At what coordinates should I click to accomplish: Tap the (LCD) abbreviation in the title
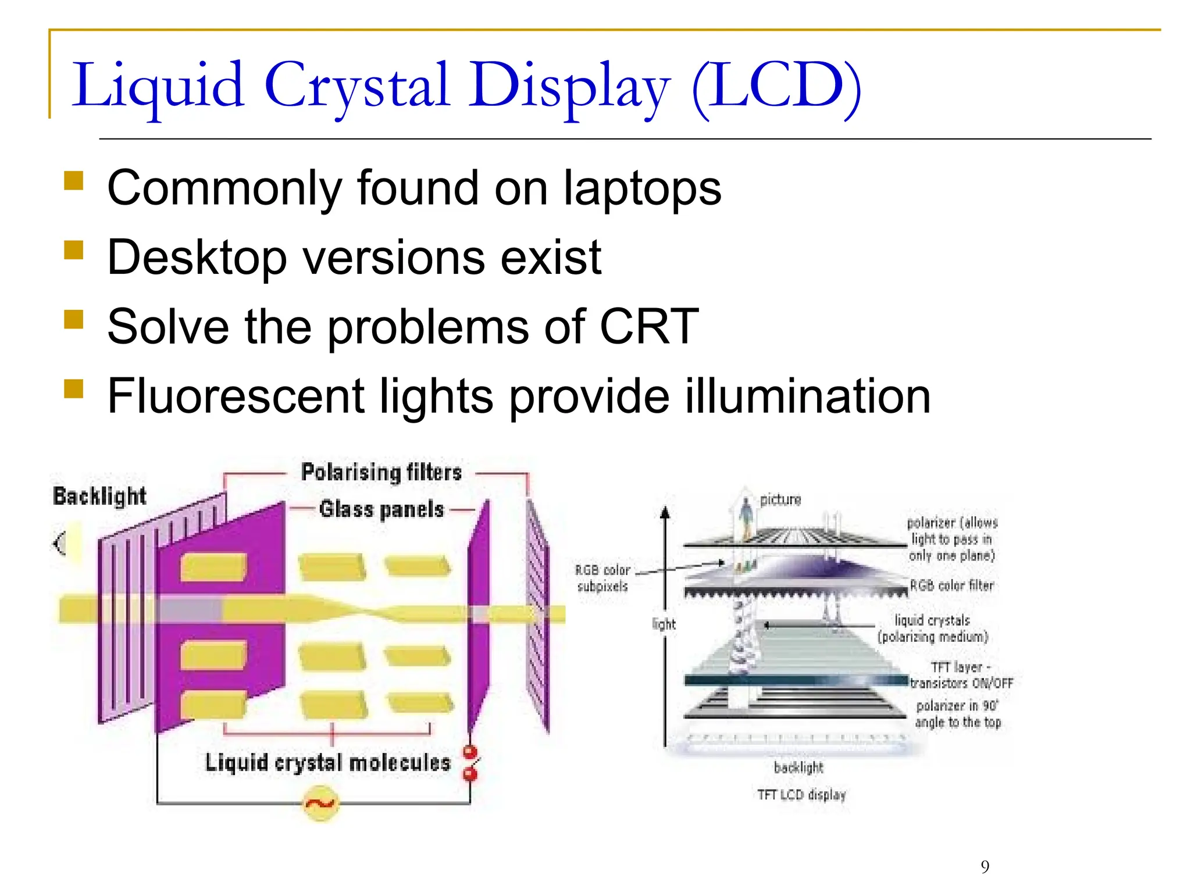[x=776, y=87]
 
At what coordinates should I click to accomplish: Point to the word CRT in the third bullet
[x=648, y=327]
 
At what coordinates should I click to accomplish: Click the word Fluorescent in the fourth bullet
[x=236, y=397]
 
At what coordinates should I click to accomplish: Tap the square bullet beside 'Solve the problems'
[x=74, y=319]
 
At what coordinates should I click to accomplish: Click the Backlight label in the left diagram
[x=99, y=496]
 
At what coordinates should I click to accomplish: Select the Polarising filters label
[x=381, y=472]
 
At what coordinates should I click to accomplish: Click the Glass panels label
[x=381, y=509]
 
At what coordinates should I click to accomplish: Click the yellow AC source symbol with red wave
[x=320, y=803]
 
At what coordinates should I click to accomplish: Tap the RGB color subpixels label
[x=602, y=578]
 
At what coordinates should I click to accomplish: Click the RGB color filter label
[x=951, y=585]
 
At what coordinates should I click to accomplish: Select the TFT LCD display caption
[x=801, y=795]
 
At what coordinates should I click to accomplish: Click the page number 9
[x=985, y=867]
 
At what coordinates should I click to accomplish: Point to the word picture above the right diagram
[x=780, y=499]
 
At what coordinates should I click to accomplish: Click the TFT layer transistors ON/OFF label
[x=961, y=675]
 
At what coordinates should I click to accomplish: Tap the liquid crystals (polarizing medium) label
[x=933, y=628]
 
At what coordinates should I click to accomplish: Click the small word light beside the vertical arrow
[x=664, y=624]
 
